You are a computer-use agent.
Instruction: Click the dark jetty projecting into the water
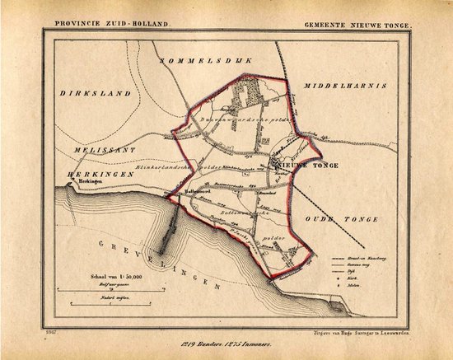point(170,231)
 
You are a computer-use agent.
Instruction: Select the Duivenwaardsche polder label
point(235,121)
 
